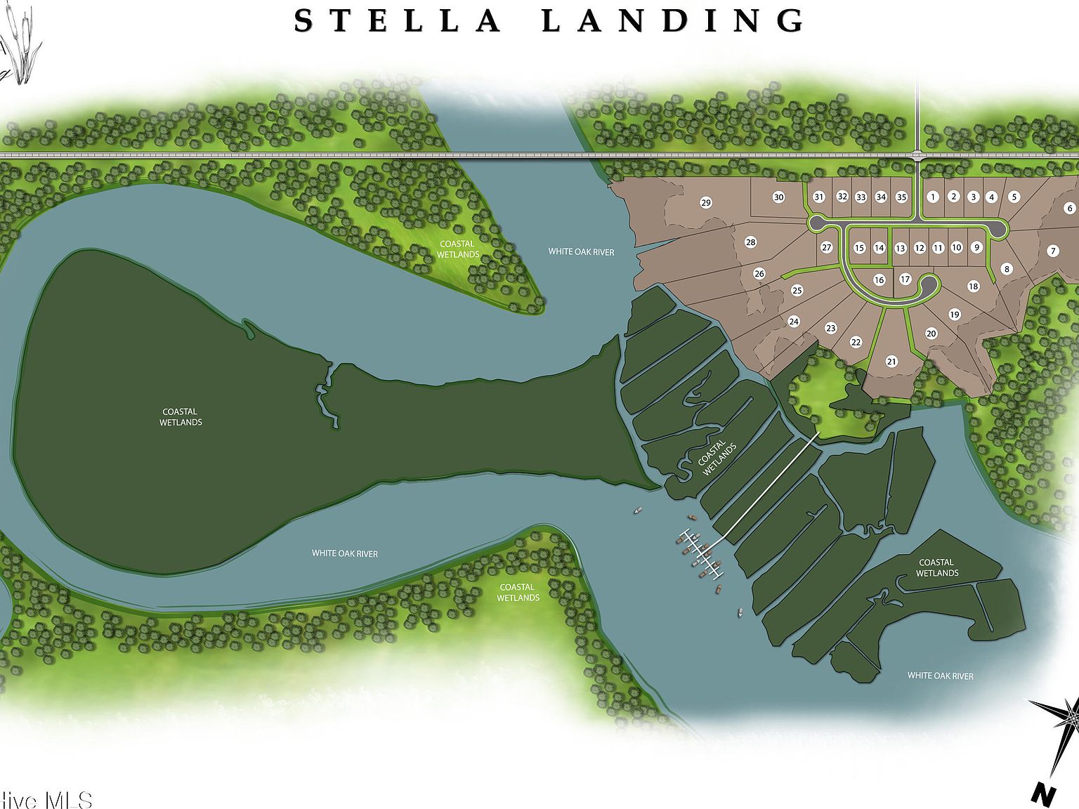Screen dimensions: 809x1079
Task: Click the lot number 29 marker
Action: [x=706, y=203]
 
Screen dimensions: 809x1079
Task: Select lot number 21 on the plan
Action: [x=891, y=362]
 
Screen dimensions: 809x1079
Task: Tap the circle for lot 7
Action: [x=1052, y=251]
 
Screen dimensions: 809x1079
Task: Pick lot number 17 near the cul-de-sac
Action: [x=905, y=279]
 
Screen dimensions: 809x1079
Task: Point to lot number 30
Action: [x=778, y=197]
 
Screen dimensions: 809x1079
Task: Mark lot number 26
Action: [x=759, y=273]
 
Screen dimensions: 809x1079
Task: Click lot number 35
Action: [x=901, y=197]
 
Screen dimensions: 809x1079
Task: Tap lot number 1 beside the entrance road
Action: [x=933, y=197]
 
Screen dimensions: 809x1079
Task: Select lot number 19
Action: [x=954, y=315]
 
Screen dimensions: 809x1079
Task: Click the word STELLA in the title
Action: [x=397, y=21]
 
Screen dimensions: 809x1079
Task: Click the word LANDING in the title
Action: [x=673, y=21]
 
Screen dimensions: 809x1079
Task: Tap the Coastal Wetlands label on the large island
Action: [x=181, y=417]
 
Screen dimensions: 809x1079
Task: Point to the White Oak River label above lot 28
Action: [x=581, y=251]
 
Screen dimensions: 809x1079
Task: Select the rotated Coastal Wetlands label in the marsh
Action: [x=717, y=458]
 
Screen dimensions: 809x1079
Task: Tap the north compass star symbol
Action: [x=1061, y=730]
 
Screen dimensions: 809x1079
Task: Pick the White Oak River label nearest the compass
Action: [x=940, y=676]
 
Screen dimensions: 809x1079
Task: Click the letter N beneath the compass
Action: [x=1044, y=794]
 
